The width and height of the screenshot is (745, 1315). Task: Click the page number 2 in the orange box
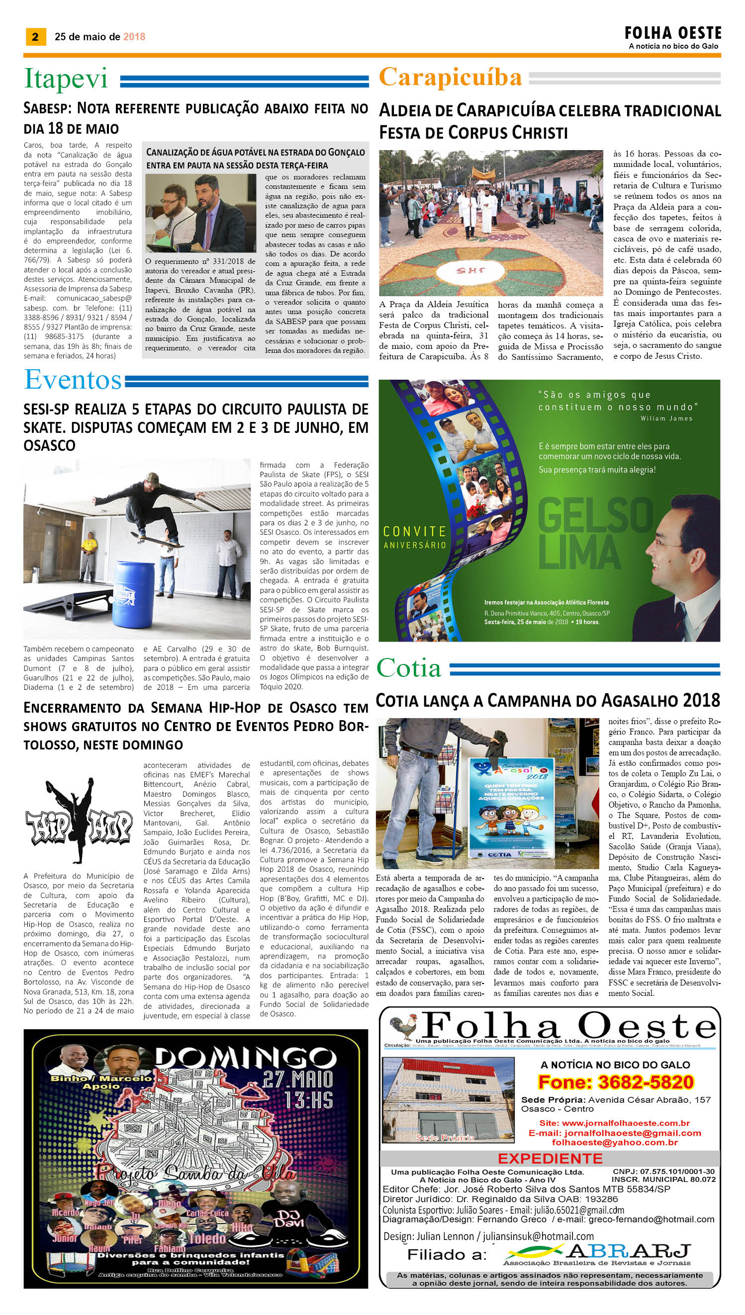tap(35, 36)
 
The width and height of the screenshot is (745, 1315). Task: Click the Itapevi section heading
tap(66, 79)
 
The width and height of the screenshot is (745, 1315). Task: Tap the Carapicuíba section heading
tap(450, 78)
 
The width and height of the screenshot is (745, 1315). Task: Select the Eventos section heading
tap(73, 380)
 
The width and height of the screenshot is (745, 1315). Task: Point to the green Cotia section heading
tap(409, 668)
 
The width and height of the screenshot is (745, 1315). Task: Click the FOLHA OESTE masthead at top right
tap(673, 34)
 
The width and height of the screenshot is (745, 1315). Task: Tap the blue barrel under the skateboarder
tap(133, 593)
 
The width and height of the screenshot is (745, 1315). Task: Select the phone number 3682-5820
tap(616, 1082)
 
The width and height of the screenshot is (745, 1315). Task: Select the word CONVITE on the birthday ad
tap(415, 532)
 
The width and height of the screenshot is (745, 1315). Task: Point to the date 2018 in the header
tap(134, 37)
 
